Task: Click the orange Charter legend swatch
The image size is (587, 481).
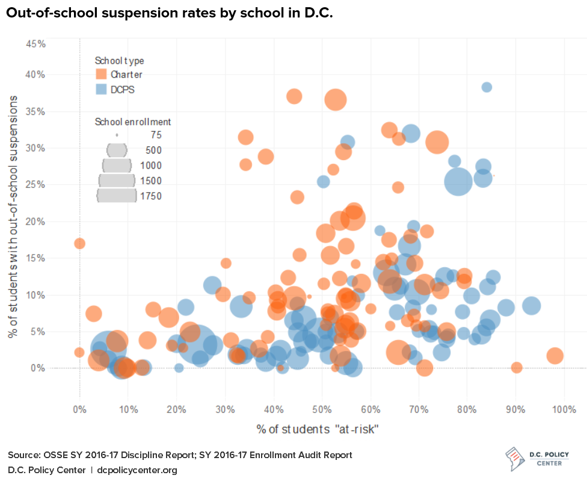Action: pyautogui.click(x=101, y=75)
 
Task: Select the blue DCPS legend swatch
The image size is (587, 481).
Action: pyautogui.click(x=101, y=90)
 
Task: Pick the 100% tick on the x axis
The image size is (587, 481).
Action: pyautogui.click(x=564, y=410)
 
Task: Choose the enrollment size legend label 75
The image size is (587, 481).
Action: pyautogui.click(x=155, y=135)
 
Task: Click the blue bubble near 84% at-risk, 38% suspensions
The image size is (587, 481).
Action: pyautogui.click(x=487, y=87)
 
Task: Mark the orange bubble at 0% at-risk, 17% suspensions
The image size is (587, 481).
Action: pyautogui.click(x=79, y=243)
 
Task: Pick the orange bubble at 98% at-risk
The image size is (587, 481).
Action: pyautogui.click(x=555, y=356)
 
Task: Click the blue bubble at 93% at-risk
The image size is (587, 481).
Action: pyautogui.click(x=531, y=306)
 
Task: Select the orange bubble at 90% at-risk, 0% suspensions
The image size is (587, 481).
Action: pyautogui.click(x=516, y=367)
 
